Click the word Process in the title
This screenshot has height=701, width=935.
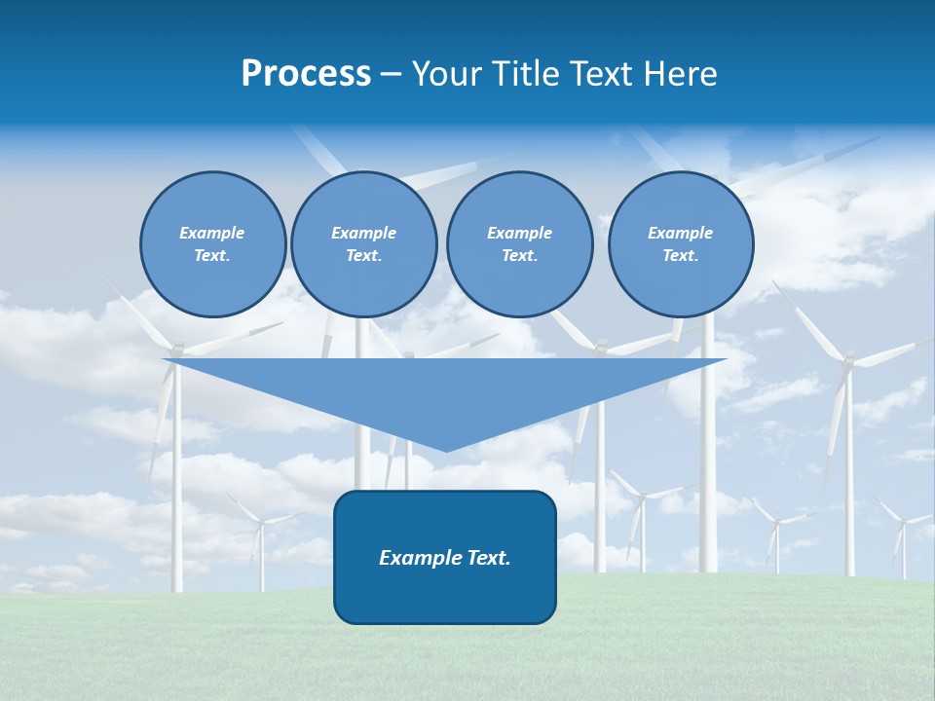pyautogui.click(x=306, y=74)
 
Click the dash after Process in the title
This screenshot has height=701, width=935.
pyautogui.click(x=392, y=75)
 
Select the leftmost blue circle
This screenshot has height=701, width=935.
pyautogui.click(x=212, y=244)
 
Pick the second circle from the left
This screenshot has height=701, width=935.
pyautogui.click(x=363, y=244)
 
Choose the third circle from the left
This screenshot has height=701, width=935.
pyautogui.click(x=519, y=244)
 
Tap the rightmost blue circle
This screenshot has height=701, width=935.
pyautogui.click(x=680, y=244)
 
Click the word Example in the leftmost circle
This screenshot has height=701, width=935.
pyautogui.click(x=212, y=233)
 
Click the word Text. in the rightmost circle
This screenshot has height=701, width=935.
pyautogui.click(x=680, y=256)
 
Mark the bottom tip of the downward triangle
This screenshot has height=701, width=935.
pyautogui.click(x=446, y=450)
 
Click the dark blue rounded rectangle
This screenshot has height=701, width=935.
pyautogui.click(x=445, y=557)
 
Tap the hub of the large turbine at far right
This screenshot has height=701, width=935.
pyautogui.click(x=847, y=361)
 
